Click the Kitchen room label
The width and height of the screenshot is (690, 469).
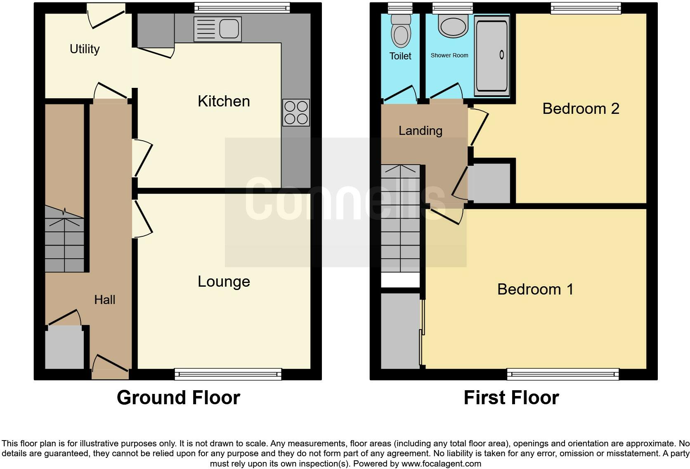coord(224,101)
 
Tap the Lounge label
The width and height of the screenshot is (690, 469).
coord(224,282)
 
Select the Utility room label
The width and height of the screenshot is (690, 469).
coord(85,49)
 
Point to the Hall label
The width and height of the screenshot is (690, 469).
coord(104,300)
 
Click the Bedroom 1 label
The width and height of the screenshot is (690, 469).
coord(535,290)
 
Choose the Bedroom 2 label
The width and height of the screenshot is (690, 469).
coord(581,109)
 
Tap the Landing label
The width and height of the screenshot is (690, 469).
coord(420,131)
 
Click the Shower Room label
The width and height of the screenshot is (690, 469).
coord(449,55)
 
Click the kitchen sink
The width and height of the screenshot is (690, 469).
coord(217,29)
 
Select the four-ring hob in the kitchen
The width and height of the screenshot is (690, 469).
coord(296,113)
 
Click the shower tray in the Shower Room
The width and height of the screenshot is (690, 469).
coord(492,56)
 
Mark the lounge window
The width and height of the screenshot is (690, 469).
coord(228,374)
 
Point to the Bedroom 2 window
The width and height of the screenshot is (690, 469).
coord(586,8)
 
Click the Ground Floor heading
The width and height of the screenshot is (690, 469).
coord(178,398)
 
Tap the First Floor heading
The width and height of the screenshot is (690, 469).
coord(511,398)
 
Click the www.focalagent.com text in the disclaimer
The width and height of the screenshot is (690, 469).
coord(441,464)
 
